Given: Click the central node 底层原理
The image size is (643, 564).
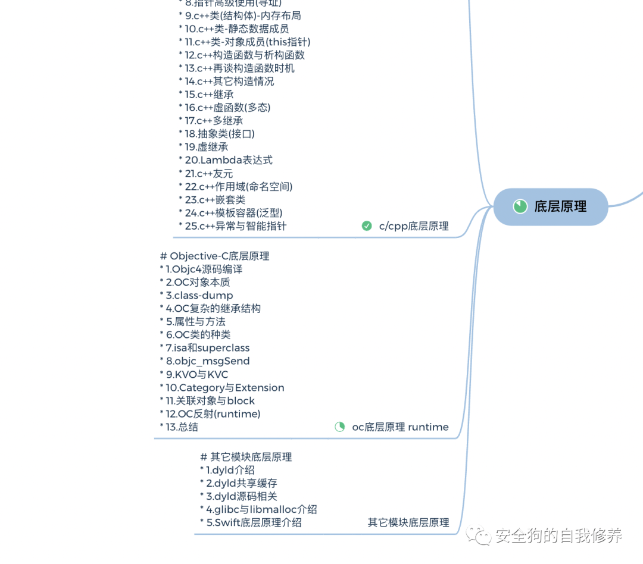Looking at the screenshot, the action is [551, 206].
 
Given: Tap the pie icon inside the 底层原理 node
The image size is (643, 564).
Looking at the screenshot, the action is [520, 206].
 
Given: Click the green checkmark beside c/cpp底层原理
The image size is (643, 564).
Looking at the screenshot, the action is [367, 226].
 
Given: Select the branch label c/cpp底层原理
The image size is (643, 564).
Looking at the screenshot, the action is [414, 226].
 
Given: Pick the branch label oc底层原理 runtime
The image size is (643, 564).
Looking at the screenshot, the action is [400, 427].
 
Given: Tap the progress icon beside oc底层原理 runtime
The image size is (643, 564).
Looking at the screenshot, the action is [340, 427].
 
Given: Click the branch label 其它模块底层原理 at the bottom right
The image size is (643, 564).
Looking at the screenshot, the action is [408, 522].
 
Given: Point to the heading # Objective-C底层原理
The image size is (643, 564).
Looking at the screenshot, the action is [215, 256].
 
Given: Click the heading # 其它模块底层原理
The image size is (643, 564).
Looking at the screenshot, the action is [246, 457].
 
